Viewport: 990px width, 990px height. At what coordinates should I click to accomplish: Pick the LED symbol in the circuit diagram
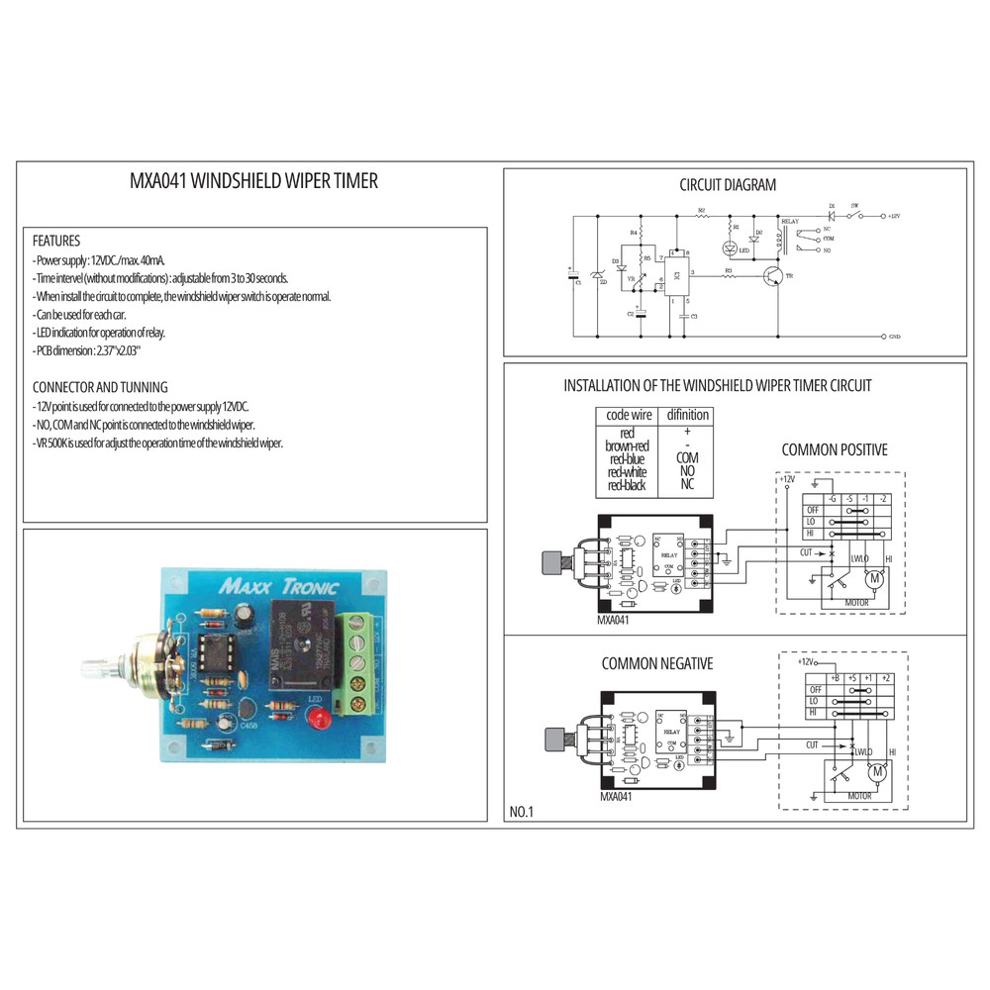point(731,247)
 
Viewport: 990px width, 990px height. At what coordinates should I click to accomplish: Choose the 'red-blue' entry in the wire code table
point(629,459)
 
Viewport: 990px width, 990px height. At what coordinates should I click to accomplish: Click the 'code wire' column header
point(629,415)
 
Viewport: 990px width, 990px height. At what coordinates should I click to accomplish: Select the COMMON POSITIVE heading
point(835,449)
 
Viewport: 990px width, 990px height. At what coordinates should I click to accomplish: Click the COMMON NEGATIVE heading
point(656,663)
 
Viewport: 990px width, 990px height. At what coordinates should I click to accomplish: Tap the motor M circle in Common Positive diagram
point(874,578)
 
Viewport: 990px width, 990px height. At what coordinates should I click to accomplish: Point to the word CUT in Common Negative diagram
point(813,744)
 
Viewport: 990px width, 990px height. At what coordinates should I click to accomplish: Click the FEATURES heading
point(56,241)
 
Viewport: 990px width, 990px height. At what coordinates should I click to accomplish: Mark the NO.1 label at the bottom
point(522,812)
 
